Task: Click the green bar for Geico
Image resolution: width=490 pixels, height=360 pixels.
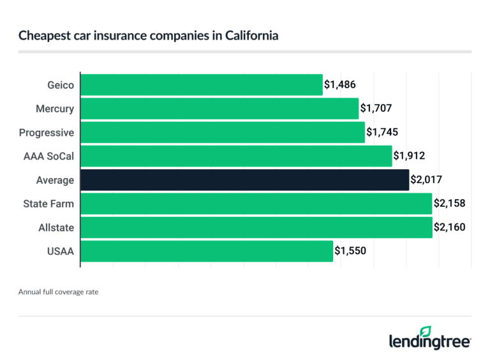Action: point(202,85)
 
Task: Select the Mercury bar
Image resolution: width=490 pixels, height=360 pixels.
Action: point(219,109)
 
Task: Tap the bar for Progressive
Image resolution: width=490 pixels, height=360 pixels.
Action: point(223,132)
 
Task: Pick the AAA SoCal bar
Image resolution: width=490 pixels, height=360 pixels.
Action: point(236,156)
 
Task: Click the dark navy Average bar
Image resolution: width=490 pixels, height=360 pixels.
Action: point(244,180)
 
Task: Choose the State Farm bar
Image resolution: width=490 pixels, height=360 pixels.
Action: point(256,204)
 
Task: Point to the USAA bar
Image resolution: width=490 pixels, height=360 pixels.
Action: point(207,251)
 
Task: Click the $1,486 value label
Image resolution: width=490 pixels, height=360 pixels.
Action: point(339,85)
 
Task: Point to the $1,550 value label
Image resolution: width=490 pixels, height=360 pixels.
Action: point(350,251)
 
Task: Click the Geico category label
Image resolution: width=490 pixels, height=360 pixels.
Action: point(59,85)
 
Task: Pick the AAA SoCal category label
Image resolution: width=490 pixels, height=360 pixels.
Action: point(47,156)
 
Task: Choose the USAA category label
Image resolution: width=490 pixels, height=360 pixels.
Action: point(60,251)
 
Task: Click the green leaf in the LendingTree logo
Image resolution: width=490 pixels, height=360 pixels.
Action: point(426,331)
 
